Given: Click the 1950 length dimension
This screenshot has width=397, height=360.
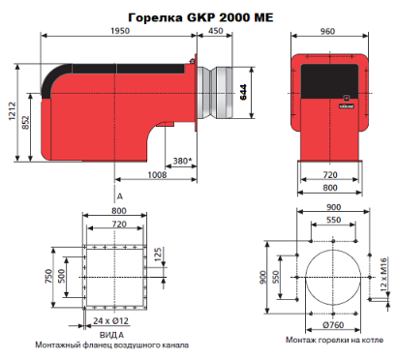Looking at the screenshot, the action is click(120, 31).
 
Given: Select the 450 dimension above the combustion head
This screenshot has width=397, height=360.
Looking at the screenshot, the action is click(215, 31).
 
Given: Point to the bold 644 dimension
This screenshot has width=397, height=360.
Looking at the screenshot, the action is click(243, 92).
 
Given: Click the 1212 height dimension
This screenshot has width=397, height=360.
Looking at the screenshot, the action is click(13, 111).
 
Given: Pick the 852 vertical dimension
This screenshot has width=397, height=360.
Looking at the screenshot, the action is click(26, 122).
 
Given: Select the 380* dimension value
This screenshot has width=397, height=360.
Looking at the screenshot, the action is click(182, 161).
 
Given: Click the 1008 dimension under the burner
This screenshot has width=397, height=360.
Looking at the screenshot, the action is click(157, 175).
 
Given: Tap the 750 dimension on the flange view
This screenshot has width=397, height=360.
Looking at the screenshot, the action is click(48, 276).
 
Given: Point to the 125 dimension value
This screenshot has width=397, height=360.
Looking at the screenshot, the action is click(158, 255).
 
